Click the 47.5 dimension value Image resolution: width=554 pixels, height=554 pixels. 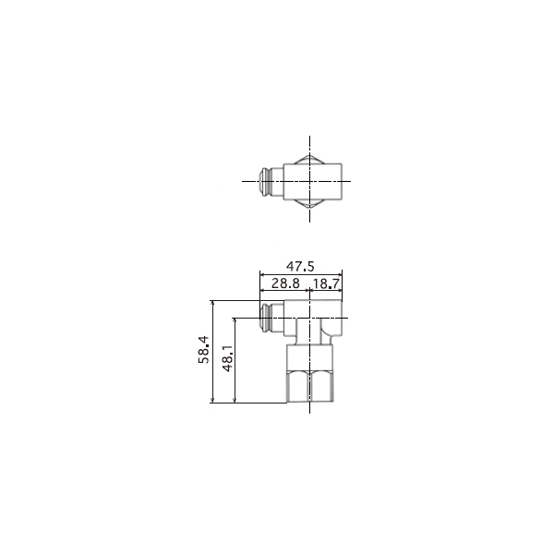click(x=300, y=266)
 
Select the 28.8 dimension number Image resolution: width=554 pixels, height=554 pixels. click(x=285, y=283)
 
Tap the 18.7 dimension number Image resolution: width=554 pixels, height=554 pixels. click(x=326, y=283)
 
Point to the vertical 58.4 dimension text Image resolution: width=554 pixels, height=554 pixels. click(x=204, y=350)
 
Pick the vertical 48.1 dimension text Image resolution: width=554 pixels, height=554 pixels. click(x=228, y=358)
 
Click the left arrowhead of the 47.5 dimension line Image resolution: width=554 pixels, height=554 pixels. click(x=262, y=274)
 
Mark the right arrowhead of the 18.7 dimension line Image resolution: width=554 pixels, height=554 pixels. click(x=340, y=291)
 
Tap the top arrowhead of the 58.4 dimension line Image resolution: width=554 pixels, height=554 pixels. click(x=212, y=303)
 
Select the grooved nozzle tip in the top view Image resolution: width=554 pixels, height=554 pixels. click(x=266, y=182)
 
